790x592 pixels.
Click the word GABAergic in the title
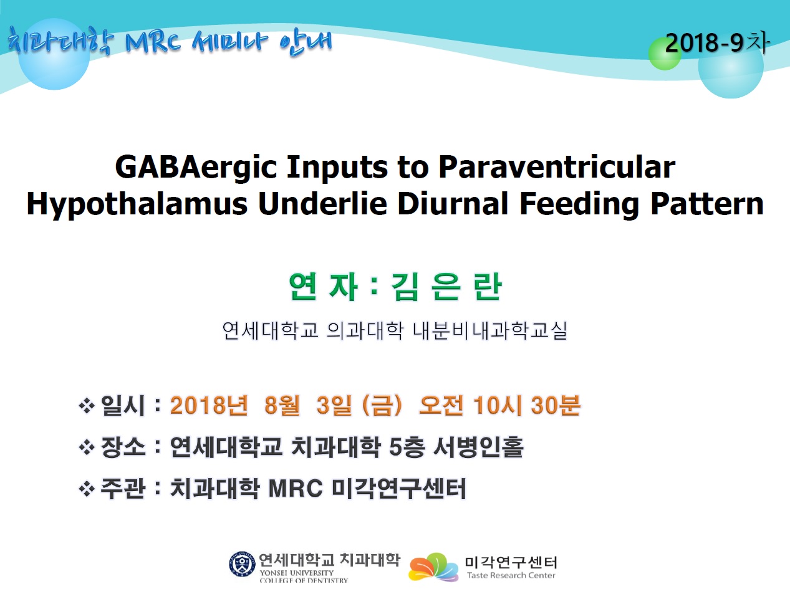[x=196, y=168]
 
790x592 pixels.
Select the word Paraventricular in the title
[x=557, y=167]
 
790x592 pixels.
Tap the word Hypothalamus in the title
[x=137, y=204]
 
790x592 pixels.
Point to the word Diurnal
[x=453, y=204]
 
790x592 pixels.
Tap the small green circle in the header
[x=665, y=54]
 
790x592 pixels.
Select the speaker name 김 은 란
[x=446, y=287]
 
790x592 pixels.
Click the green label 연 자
[x=323, y=287]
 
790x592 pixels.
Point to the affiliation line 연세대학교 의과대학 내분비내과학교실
[x=395, y=330]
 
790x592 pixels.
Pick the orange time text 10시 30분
[x=526, y=405]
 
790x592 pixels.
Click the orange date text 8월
[x=282, y=405]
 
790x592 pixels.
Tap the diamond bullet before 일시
[x=87, y=406]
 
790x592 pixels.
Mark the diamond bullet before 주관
[x=87, y=489]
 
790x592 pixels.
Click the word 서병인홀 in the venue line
[x=478, y=447]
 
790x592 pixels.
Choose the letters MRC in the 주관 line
[x=296, y=489]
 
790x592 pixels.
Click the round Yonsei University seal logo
[x=243, y=564]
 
